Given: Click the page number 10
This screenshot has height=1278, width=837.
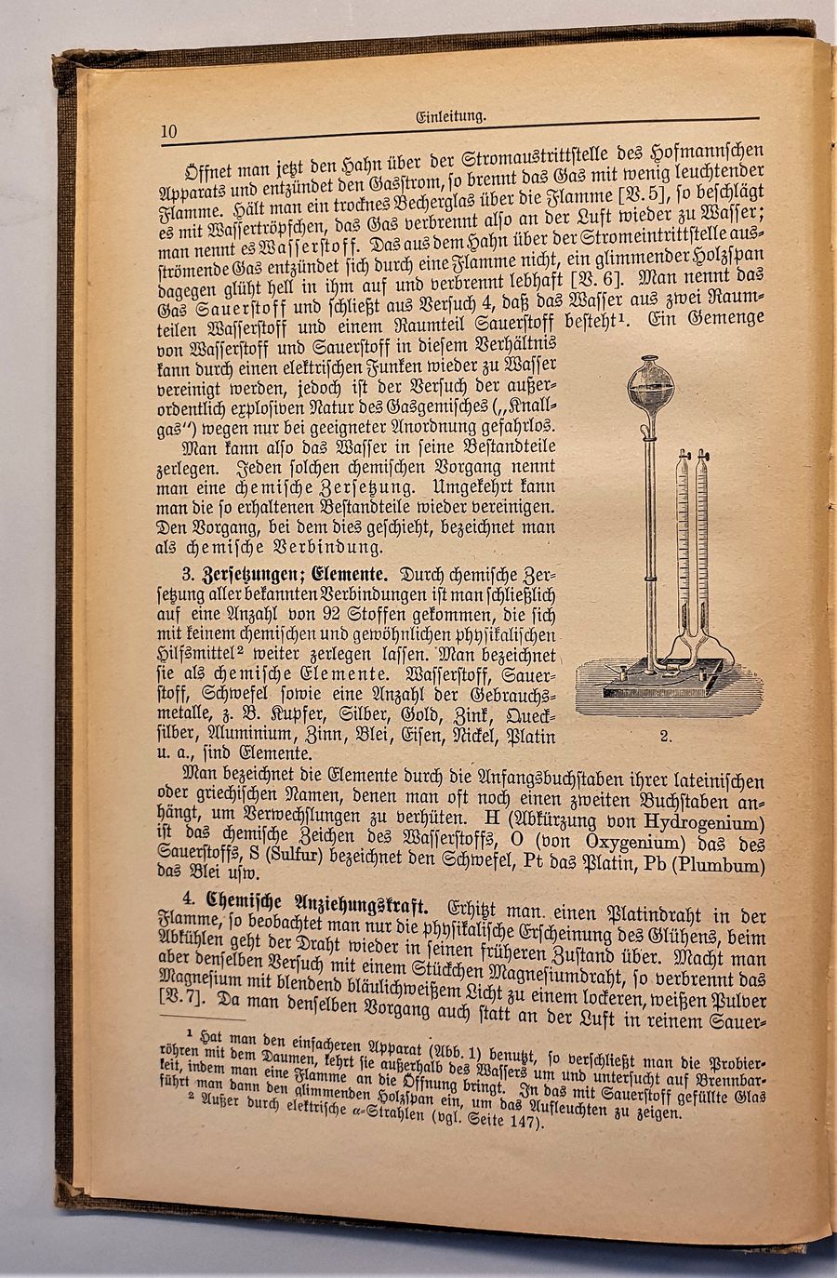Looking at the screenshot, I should click(168, 131).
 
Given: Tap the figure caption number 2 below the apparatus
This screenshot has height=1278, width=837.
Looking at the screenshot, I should click(665, 736).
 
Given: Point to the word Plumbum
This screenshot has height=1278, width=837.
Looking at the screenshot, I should click(720, 865).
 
